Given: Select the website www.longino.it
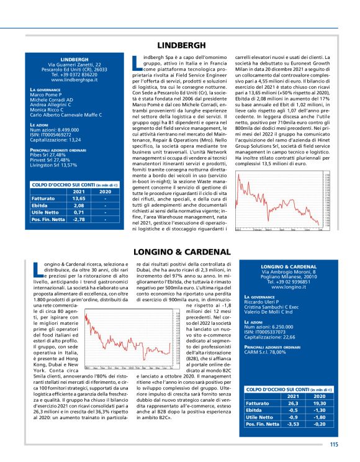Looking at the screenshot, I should click(x=289, y=288).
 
